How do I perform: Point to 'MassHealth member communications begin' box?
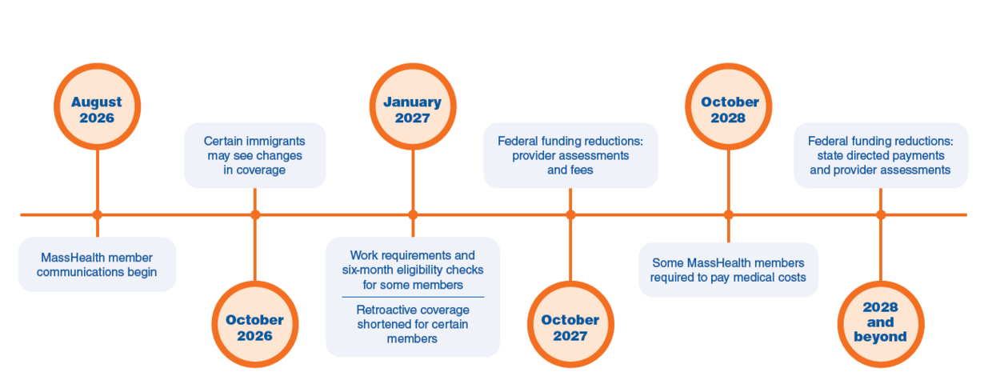98,265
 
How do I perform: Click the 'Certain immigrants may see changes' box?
255,155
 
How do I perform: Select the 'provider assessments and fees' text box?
570,155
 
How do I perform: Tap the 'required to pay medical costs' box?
729,270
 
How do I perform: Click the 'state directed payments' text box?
881,155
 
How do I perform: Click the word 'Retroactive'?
384,310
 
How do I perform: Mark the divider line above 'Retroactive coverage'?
413,297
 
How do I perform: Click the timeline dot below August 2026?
98,215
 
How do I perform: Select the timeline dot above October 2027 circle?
570,215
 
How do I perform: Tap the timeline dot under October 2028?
729,215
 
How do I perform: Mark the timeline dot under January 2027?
413,215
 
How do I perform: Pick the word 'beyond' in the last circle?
880,337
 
